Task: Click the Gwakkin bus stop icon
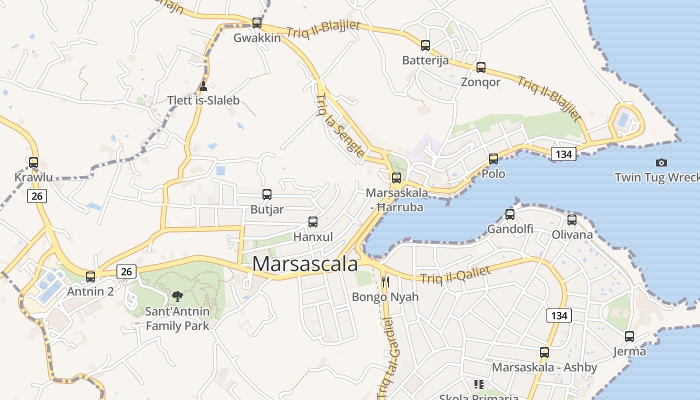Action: point(256,23)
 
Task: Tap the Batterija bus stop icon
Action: point(425,45)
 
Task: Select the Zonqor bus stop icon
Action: point(480,67)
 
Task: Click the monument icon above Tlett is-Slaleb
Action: point(203,86)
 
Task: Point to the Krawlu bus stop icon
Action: point(33,162)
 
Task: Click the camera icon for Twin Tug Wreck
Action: point(661,162)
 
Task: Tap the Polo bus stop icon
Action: point(493,159)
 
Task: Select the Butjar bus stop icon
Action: point(267,194)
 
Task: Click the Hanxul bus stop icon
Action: point(313,222)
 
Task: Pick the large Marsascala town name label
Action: point(305,264)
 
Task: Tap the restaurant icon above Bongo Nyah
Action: point(385,282)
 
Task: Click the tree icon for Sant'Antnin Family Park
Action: point(177,296)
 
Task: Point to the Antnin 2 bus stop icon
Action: point(90,276)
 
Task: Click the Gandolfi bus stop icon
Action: point(510,214)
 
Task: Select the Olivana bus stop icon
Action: point(572,220)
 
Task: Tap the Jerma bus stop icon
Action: point(629,336)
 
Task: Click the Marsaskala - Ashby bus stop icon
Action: point(544,352)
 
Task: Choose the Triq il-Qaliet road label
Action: point(455,274)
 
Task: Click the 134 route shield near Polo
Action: point(563,154)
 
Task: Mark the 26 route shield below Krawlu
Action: point(37,196)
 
